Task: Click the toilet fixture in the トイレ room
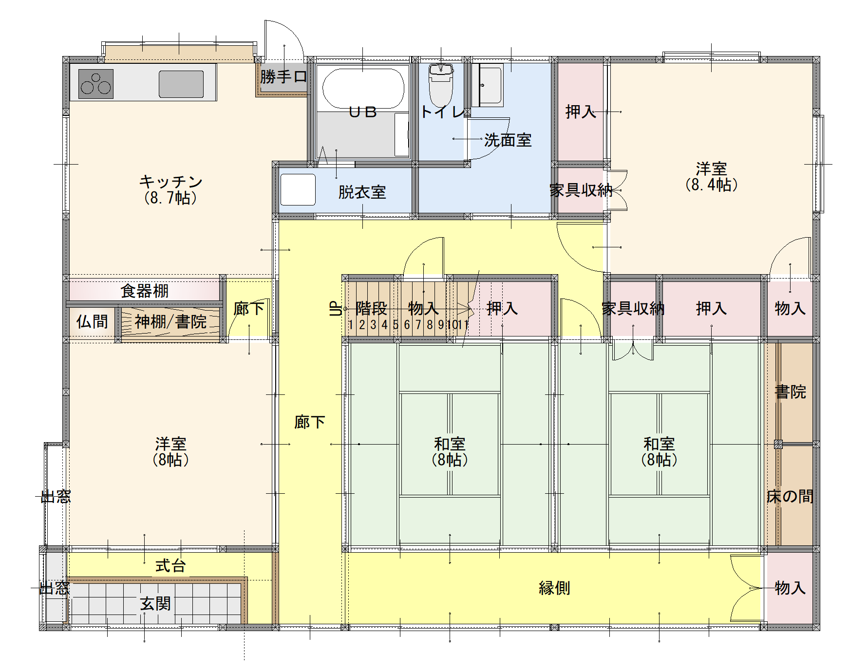click(441, 84)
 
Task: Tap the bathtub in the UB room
click(363, 88)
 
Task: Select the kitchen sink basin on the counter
click(181, 84)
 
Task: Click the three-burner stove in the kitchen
click(96, 84)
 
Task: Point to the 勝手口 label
click(283, 76)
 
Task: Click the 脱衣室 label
click(362, 192)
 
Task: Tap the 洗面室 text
click(508, 140)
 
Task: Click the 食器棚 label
click(144, 291)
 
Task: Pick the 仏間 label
click(92, 321)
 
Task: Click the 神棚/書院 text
click(170, 321)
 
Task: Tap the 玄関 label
click(155, 604)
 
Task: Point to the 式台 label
click(170, 566)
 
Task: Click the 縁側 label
click(554, 588)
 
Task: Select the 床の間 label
click(790, 496)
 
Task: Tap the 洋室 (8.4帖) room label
click(711, 177)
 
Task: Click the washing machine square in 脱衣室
click(298, 189)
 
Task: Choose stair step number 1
click(350, 324)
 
